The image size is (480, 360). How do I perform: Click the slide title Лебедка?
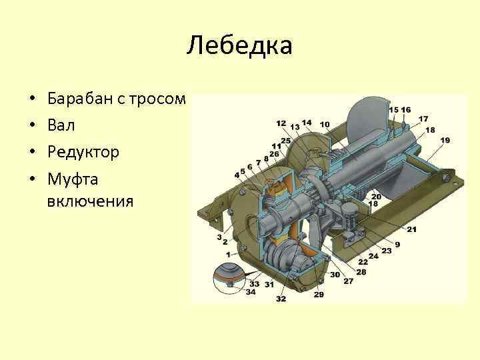click(x=240, y=46)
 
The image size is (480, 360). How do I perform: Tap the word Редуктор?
click(x=83, y=151)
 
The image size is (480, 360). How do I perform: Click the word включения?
click(x=91, y=201)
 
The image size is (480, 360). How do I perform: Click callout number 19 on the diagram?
click(x=445, y=140)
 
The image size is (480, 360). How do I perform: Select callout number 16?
click(x=406, y=109)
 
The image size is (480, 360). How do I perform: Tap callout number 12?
click(x=281, y=123)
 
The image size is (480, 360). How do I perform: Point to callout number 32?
click(x=281, y=299)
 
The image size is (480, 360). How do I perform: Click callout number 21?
click(x=411, y=229)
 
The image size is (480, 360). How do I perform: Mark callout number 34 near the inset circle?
click(x=251, y=291)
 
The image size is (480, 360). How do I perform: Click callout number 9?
click(x=397, y=245)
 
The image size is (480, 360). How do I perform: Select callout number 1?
click(x=228, y=254)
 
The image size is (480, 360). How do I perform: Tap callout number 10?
click(x=325, y=124)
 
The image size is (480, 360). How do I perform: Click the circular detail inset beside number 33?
click(x=228, y=277)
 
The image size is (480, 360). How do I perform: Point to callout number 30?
click(x=335, y=275)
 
